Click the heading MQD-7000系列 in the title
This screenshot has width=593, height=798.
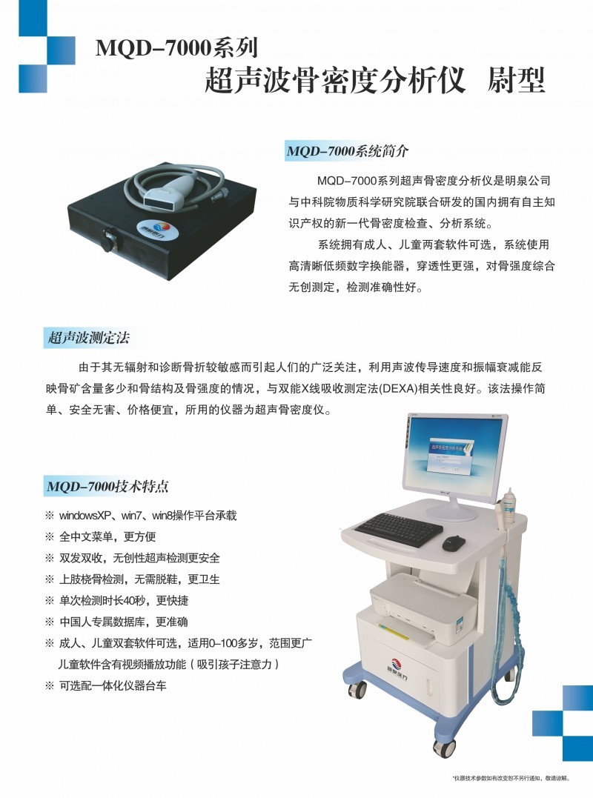pos(177,49)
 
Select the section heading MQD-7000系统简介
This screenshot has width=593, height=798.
pos(347,151)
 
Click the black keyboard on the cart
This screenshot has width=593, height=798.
pos(399,529)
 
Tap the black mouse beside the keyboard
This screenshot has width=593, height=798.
pos(454,543)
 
